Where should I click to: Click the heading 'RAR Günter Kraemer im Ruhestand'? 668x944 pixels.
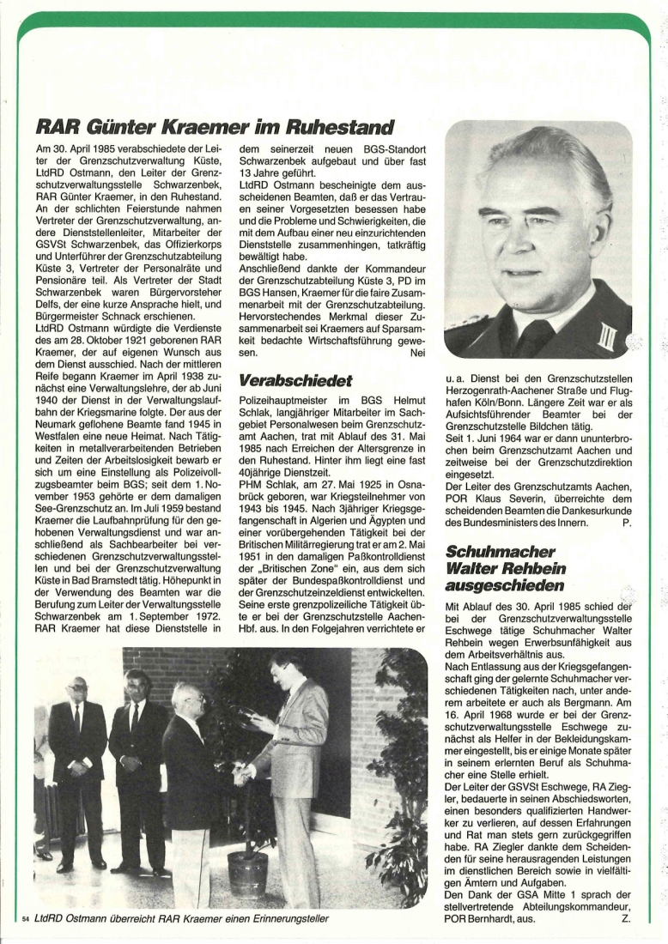pos(215,129)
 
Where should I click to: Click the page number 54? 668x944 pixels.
pos(25,920)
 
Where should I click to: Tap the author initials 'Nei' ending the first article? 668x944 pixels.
pos(417,352)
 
